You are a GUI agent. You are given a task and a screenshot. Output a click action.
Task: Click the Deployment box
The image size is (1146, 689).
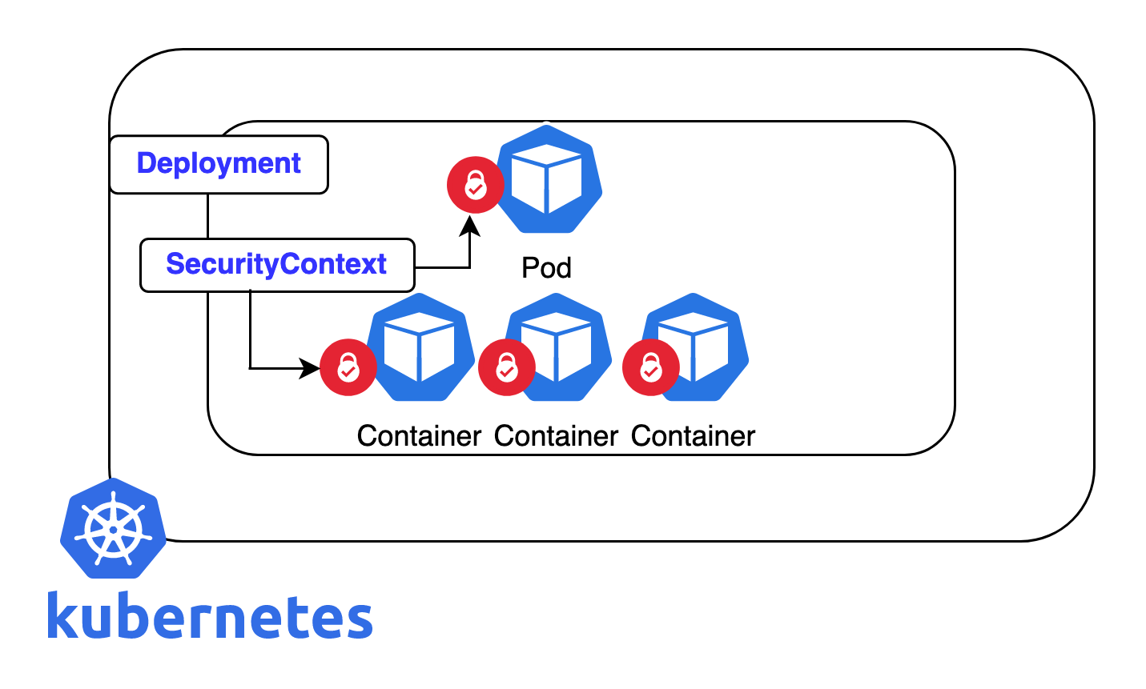point(219,164)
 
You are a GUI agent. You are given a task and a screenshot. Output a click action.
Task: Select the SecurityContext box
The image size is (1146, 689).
point(277,265)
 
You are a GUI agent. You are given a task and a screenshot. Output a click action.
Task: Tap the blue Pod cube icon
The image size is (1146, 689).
point(548,180)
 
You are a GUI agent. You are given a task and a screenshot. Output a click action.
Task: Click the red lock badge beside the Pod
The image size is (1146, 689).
point(475,185)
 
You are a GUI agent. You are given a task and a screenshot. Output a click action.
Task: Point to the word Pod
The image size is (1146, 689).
point(546,267)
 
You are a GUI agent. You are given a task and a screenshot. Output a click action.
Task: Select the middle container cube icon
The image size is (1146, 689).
point(559,347)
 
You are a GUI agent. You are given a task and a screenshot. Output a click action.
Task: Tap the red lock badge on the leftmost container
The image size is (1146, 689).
point(348,368)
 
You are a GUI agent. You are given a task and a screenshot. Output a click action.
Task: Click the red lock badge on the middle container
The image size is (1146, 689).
point(506,367)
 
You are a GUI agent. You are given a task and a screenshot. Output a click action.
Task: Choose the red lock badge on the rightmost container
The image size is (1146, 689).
point(650,368)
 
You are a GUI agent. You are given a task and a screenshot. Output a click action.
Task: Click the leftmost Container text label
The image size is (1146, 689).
point(419,436)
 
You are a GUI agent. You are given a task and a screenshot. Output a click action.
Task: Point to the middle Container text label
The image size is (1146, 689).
point(556,436)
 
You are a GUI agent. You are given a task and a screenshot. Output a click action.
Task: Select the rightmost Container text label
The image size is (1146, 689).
point(693,436)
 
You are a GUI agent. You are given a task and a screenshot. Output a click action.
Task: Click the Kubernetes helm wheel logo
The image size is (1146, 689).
point(113,528)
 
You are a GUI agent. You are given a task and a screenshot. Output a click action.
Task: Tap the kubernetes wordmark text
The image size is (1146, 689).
point(210,616)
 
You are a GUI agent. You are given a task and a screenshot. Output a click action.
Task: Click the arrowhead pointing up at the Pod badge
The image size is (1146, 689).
point(469,226)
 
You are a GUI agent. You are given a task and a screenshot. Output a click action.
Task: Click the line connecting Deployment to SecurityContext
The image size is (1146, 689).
point(208,215)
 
